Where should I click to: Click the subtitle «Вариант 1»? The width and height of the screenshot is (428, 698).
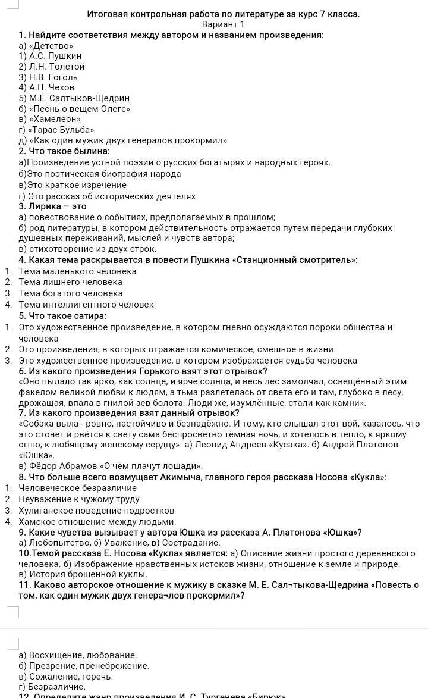[x=223, y=24]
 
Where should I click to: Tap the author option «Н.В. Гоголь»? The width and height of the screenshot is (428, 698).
[x=48, y=77]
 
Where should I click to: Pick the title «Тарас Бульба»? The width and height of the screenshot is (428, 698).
[x=56, y=130]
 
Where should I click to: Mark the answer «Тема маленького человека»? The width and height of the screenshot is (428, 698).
[x=77, y=271]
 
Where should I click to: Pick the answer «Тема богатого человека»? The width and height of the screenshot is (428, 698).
[x=71, y=293]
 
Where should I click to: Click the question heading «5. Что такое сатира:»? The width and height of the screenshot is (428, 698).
[x=62, y=316]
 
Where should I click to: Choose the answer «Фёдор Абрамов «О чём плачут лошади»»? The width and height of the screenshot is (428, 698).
[x=111, y=465]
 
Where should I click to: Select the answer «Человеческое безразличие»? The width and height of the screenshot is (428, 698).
[x=77, y=488]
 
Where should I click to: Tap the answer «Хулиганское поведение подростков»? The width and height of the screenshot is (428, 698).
[x=96, y=511]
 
